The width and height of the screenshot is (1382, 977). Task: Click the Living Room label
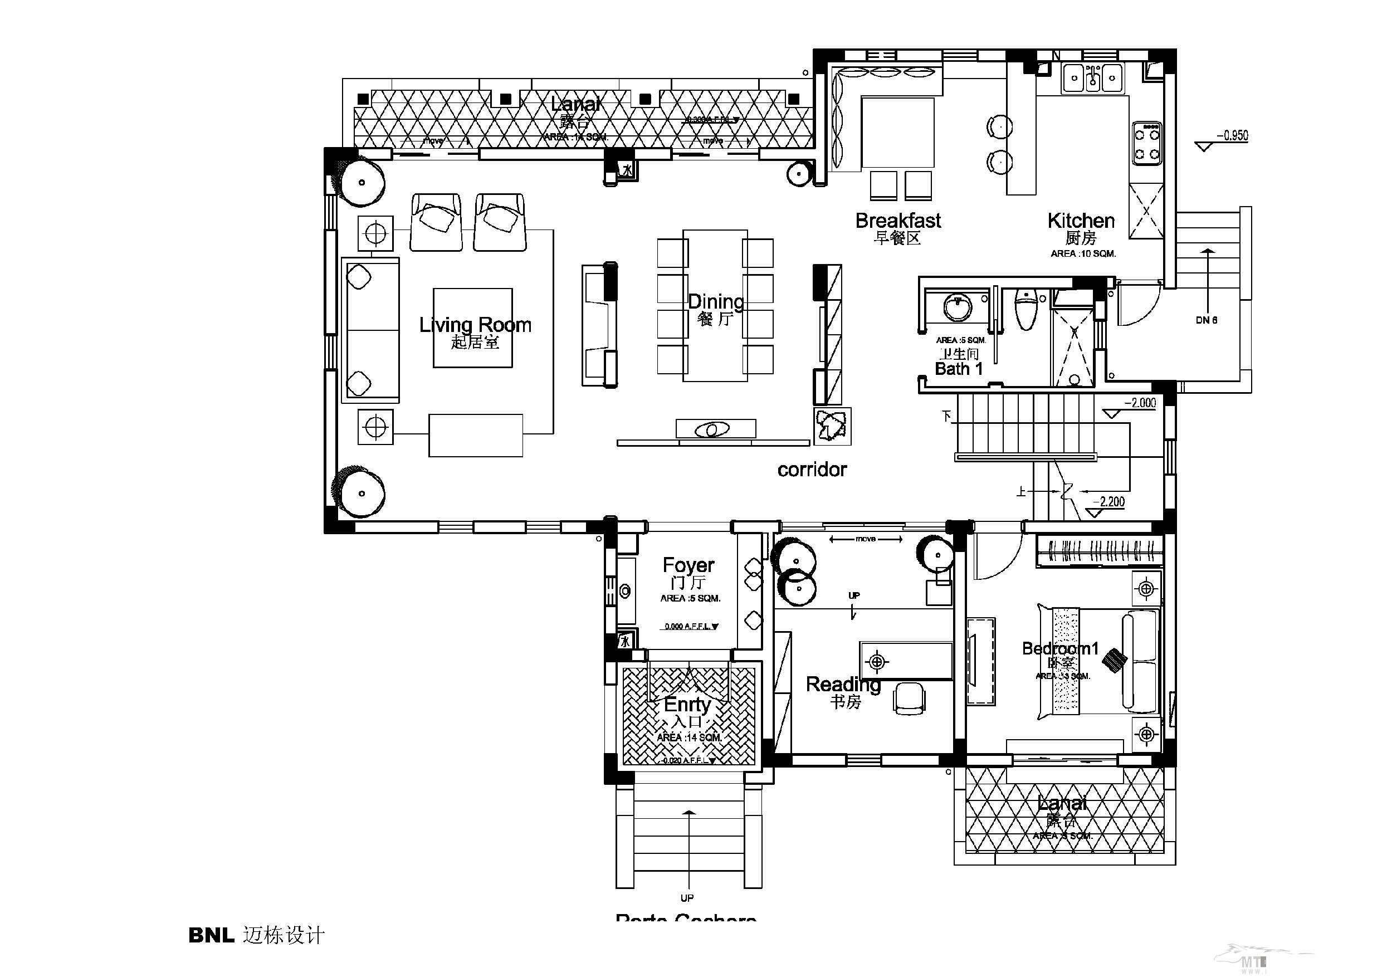[x=475, y=325]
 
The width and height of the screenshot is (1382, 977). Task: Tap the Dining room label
[x=715, y=301]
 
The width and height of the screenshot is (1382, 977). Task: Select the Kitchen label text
[x=1081, y=221]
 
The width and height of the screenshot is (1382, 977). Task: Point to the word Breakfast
[x=898, y=221]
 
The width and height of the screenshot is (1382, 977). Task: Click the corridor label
[x=812, y=470]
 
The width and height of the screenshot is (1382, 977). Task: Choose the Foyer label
[x=688, y=565]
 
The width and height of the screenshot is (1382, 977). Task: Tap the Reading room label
[x=843, y=684]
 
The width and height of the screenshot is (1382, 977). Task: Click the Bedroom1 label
[x=1060, y=648]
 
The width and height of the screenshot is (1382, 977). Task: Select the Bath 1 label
[x=958, y=368]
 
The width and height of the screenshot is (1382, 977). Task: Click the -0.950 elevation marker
[x=1232, y=135]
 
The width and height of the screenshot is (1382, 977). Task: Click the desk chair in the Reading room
[x=910, y=698]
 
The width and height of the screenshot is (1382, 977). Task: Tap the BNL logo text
[x=211, y=935]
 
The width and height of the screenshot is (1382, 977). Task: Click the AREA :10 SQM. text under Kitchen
[x=1083, y=254]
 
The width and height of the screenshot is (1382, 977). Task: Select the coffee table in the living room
[x=472, y=328]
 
